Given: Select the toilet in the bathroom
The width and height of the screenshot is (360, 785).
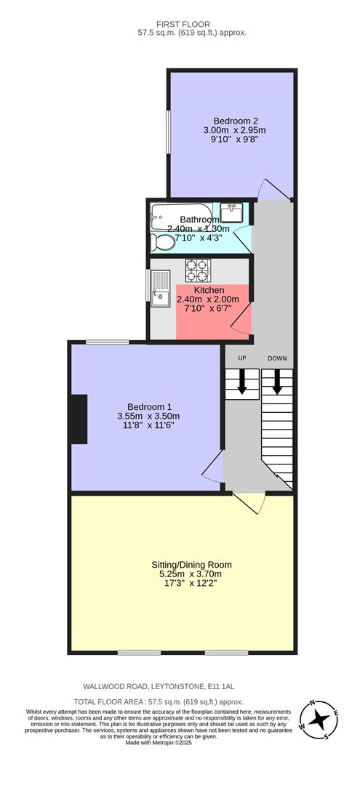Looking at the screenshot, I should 162,241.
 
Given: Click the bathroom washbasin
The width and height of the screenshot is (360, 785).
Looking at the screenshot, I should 233,213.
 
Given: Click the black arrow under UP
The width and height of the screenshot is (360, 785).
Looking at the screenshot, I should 242,383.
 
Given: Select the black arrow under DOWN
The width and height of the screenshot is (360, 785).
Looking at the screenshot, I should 276,383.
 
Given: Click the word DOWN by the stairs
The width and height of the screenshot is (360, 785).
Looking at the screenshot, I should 277,358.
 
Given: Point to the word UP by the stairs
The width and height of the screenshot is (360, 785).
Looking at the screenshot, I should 242,358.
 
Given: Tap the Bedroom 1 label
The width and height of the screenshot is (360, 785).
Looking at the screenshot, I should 149,406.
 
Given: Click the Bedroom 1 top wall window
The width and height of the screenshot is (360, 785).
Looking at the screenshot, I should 108,342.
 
